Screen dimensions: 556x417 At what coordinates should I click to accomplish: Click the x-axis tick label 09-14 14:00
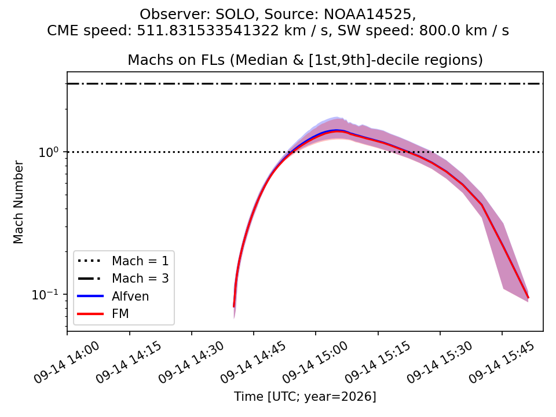coord(66,362)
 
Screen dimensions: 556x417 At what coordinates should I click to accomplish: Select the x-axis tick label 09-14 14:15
coord(129,362)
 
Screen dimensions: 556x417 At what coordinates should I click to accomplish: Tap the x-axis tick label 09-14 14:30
coord(191,362)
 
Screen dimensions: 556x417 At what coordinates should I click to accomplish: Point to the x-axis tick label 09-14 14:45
coord(253,362)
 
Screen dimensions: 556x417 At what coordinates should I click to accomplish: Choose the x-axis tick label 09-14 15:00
coord(315,362)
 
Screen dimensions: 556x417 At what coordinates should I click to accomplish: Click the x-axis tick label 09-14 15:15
coord(377,362)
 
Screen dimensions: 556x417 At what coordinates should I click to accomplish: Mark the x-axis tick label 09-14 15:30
coord(440,362)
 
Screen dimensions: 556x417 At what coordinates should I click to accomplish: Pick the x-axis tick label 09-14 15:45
coord(502,362)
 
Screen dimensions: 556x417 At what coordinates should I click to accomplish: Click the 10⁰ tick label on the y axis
coord(48,151)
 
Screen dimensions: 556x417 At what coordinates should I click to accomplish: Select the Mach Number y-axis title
coord(19,202)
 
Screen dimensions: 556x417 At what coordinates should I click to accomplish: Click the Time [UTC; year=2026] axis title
coord(305,396)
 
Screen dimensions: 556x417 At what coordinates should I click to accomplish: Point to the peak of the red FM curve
coord(337,131)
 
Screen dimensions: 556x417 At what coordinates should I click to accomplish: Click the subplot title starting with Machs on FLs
coord(305,60)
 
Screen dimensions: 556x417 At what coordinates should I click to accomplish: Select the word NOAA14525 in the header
coord(370,14)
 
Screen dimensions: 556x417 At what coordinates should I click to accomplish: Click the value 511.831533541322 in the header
coord(208,31)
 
